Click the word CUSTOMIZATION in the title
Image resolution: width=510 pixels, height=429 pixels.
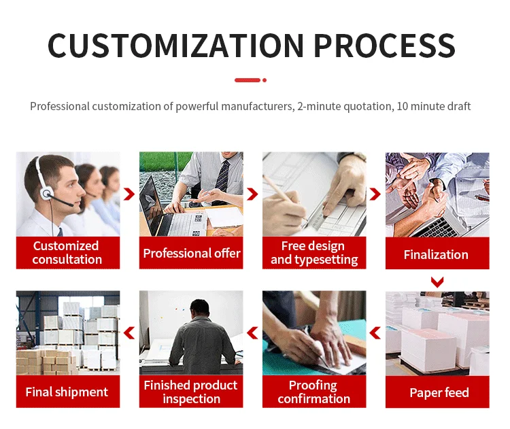click(x=175, y=45)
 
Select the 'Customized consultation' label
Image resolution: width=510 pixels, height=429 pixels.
click(x=67, y=253)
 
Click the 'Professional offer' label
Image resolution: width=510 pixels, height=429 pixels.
click(x=191, y=254)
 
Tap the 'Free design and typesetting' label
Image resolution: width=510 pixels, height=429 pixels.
click(x=313, y=253)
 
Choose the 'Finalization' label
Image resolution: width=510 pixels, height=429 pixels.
click(x=436, y=255)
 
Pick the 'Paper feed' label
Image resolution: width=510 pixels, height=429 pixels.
click(x=439, y=392)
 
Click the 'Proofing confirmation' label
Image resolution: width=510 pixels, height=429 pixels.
click(x=313, y=392)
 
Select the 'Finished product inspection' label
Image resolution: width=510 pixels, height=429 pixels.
click(x=191, y=392)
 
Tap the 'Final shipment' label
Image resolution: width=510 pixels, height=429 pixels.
click(x=67, y=392)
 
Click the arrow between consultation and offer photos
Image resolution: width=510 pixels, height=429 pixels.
click(x=129, y=194)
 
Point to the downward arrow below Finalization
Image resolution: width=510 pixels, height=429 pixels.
click(x=437, y=281)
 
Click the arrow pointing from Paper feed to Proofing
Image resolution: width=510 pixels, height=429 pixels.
click(x=375, y=332)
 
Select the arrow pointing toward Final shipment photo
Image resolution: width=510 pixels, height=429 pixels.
click(x=129, y=332)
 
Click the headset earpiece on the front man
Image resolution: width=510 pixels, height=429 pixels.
click(x=47, y=194)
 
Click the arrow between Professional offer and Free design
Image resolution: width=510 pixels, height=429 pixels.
click(x=252, y=194)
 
